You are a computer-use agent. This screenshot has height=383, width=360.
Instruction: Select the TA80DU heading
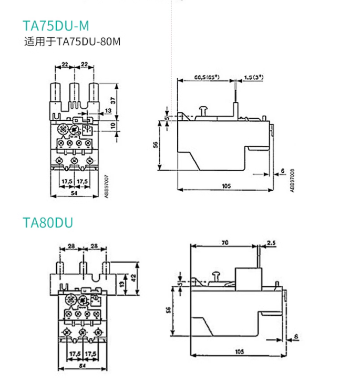point(48,223)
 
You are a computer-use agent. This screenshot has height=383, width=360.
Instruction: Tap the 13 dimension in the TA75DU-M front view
point(108,111)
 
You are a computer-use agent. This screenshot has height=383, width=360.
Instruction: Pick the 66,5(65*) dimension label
point(206,77)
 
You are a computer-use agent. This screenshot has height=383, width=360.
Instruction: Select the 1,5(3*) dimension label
point(254,77)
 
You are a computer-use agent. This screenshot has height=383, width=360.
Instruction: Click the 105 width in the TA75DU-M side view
point(227,185)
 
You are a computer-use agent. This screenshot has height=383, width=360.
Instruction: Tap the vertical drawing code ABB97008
point(292,180)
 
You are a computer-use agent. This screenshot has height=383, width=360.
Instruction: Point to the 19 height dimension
point(121,284)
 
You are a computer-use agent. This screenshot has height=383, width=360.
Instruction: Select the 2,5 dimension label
point(271,243)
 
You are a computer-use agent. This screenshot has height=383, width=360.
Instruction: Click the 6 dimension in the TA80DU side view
point(296,336)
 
